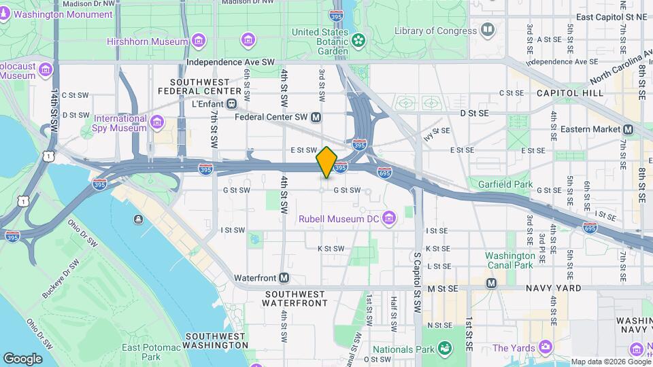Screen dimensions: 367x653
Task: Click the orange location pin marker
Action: tap(326, 162)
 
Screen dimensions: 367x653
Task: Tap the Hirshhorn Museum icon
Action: tap(198, 41)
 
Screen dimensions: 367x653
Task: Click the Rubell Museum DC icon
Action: tap(388, 218)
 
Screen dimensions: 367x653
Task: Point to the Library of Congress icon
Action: tap(487, 31)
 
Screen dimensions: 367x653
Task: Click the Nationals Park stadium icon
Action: tap(444, 349)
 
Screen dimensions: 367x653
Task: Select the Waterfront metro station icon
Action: tap(284, 278)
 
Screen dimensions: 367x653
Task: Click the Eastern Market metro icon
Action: tap(628, 129)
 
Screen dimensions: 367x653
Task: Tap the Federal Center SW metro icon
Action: tap(316, 117)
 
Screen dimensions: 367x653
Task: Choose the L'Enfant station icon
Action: tap(232, 103)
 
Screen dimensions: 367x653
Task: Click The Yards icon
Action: tap(544, 348)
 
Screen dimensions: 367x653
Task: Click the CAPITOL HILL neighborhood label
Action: tap(569, 92)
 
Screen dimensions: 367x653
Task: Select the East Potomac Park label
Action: tap(141, 352)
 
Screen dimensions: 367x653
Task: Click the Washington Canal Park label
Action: tap(509, 260)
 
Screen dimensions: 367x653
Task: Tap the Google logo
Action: tap(23, 358)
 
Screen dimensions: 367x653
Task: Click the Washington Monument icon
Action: tap(5, 14)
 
